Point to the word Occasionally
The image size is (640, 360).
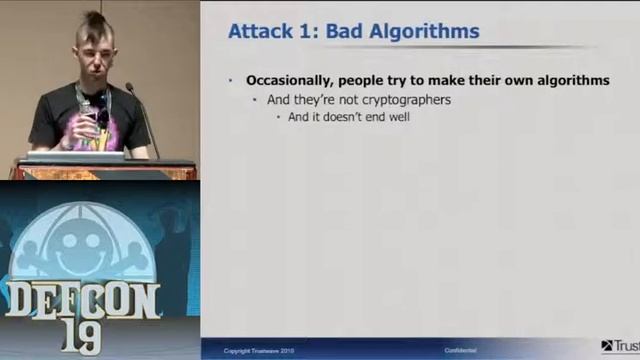coord(290,80)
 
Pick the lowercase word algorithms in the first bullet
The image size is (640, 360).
coord(570,80)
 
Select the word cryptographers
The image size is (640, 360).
coord(405,99)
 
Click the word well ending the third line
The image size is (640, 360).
coord(400,117)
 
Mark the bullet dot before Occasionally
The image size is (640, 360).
coord(230,80)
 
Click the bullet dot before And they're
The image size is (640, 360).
coord(255,99)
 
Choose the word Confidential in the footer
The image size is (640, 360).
coord(460,350)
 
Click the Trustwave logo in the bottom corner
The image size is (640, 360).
coord(620,346)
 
